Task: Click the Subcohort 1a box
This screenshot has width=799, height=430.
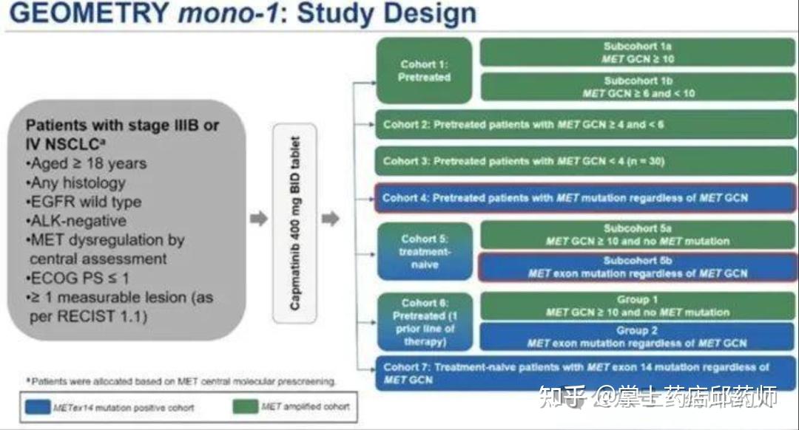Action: click(638, 52)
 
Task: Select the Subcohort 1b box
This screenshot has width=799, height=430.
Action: click(638, 87)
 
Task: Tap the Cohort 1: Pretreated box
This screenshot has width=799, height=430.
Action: click(424, 70)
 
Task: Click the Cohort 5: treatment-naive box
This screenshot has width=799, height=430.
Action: click(424, 251)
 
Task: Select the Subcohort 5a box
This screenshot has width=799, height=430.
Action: click(638, 235)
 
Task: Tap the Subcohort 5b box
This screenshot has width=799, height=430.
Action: click(638, 267)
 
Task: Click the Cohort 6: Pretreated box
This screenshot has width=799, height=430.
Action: click(424, 322)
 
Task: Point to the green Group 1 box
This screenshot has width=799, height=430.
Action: click(638, 306)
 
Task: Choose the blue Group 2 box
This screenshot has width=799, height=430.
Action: click(638, 337)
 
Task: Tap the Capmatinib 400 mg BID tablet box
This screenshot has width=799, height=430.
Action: click(295, 222)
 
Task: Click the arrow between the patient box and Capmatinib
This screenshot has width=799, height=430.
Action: click(258, 219)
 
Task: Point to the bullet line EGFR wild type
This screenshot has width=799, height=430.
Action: click(84, 202)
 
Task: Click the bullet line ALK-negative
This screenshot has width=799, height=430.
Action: click(77, 221)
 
